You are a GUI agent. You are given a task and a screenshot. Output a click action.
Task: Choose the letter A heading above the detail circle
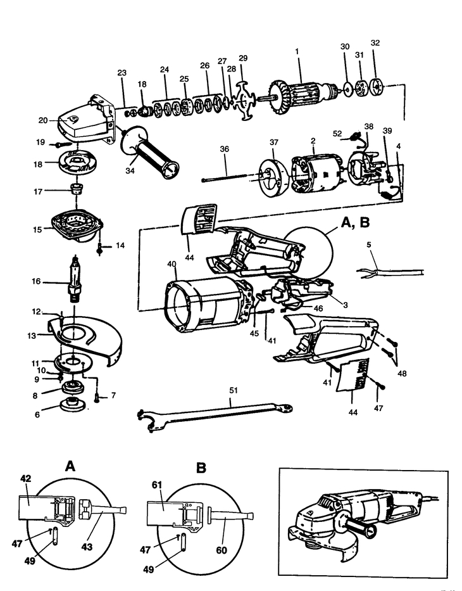pos(70,466)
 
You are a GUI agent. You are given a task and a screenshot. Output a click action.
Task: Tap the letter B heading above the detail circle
pos(201,468)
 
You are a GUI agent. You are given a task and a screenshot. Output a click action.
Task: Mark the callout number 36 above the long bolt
pos(225,149)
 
